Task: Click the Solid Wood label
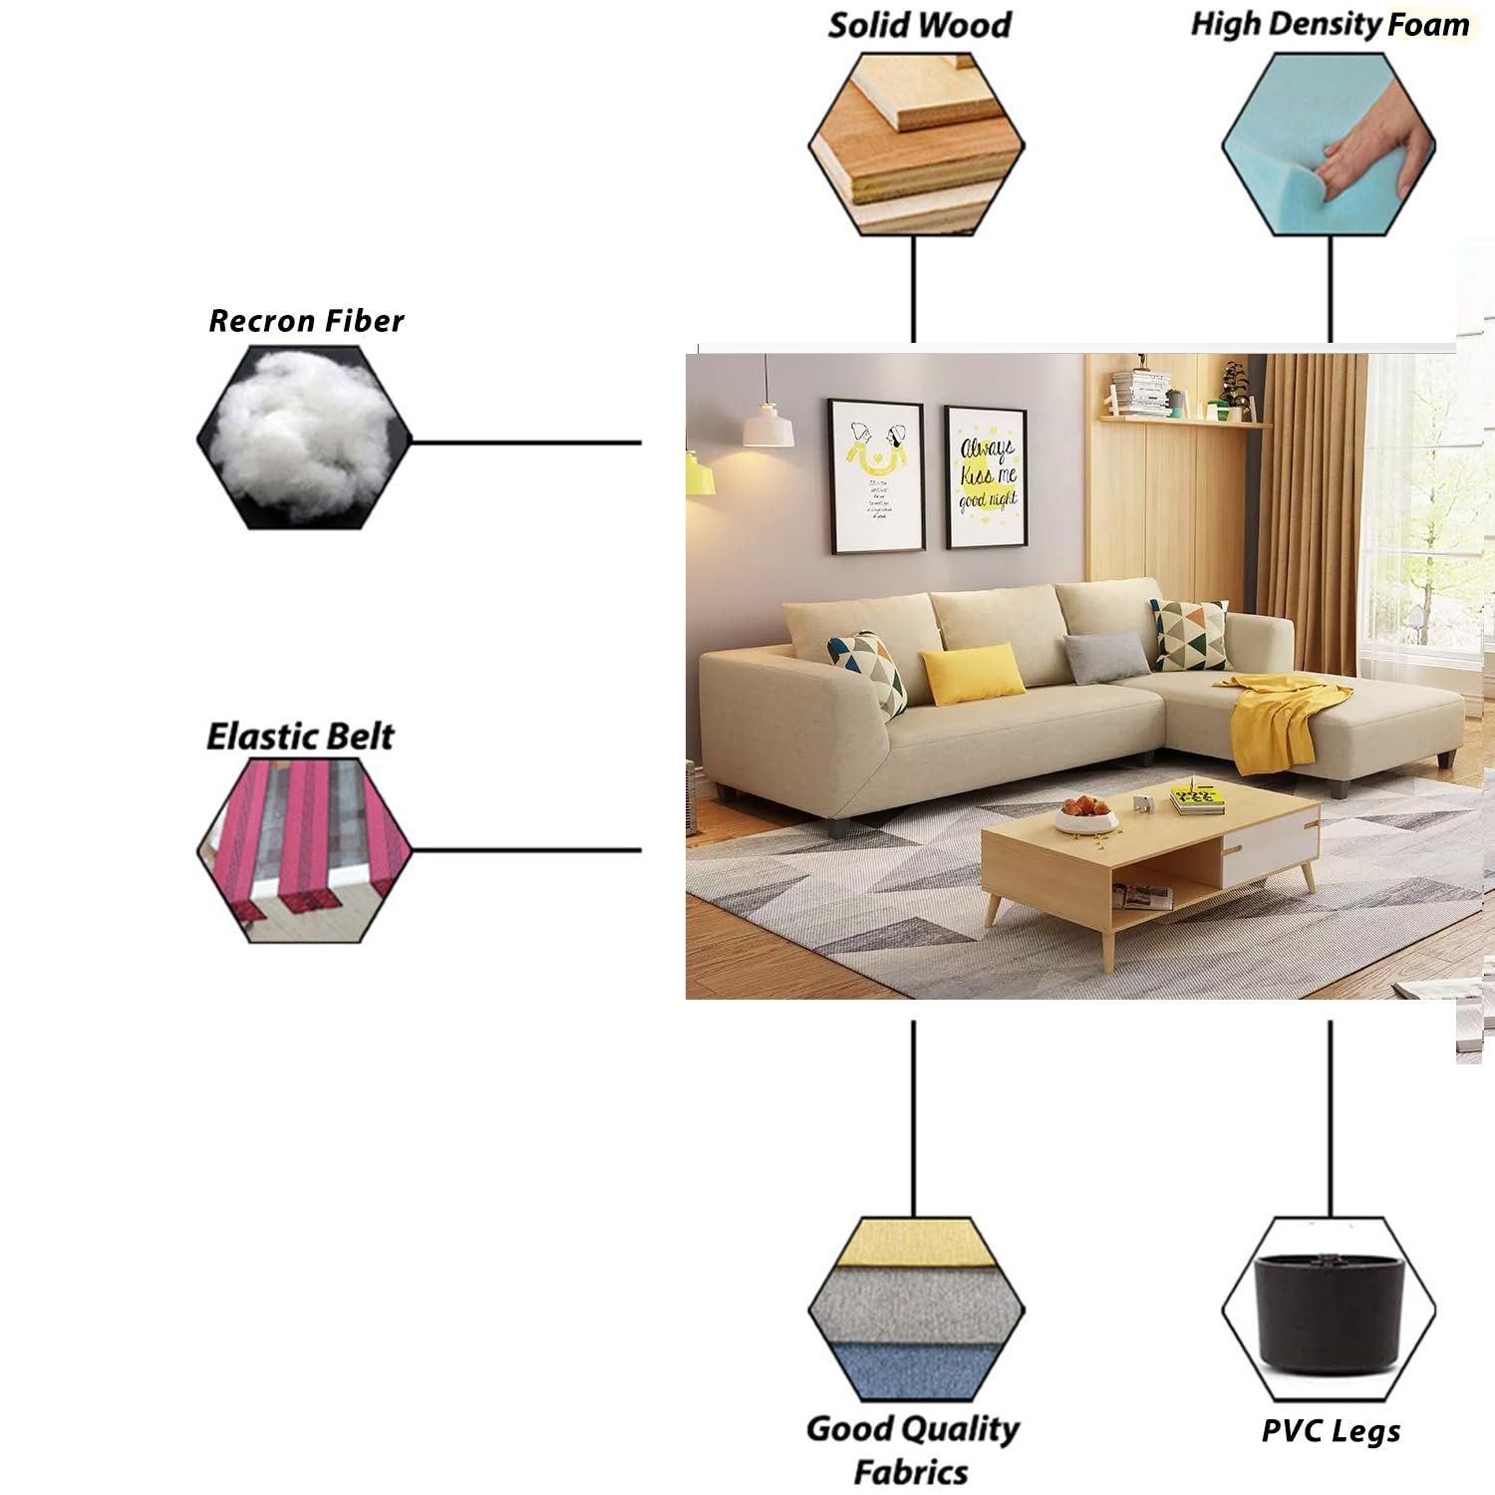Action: [919, 25]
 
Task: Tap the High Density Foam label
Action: [1330, 25]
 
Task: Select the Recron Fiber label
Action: [306, 321]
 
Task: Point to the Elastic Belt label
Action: [300, 737]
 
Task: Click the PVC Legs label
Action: [1331, 1431]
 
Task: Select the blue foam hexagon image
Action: [1330, 145]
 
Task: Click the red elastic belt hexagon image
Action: [304, 850]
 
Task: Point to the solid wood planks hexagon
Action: [916, 145]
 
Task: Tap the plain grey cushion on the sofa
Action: [1106, 658]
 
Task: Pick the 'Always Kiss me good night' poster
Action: [986, 476]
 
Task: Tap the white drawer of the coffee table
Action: [1269, 847]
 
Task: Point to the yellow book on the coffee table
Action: [1196, 798]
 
